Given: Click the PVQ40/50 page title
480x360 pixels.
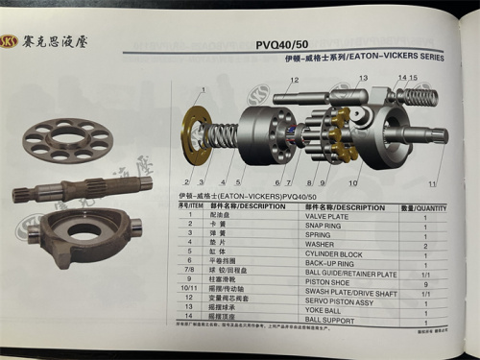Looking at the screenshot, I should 283,43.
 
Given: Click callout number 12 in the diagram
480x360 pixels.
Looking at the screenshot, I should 294,80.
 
